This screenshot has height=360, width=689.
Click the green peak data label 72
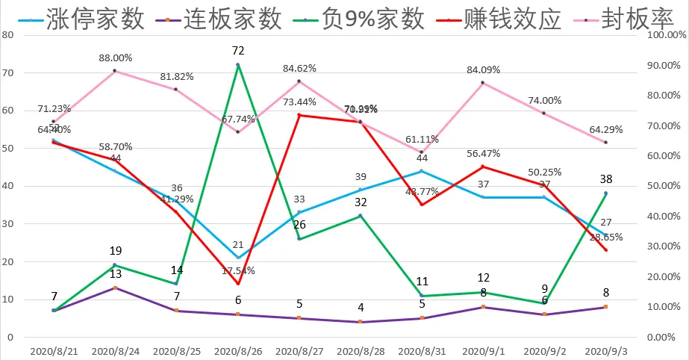238,52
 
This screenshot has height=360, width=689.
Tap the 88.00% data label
115,58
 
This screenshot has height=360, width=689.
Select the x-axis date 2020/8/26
238,350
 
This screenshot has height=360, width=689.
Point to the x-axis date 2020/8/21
54,350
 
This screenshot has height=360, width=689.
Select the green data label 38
605,179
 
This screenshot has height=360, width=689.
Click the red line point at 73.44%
299,115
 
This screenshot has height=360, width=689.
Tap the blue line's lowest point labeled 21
238,258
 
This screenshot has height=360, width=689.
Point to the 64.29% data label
605,129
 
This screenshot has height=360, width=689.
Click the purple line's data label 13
115,274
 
